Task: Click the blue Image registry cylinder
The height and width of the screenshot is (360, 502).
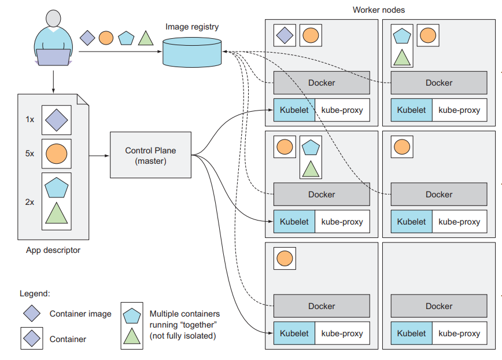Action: point(193,52)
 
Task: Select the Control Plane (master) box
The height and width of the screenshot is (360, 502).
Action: point(150,155)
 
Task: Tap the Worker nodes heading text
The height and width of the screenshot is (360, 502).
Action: point(378,10)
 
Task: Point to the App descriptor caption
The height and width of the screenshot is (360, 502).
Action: point(53,251)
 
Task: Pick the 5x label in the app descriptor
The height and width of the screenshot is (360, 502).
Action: point(29,154)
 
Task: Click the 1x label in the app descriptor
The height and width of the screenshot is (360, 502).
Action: point(29,120)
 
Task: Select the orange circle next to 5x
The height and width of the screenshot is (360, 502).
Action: point(57,154)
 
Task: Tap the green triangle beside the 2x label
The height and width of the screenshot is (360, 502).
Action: point(57,213)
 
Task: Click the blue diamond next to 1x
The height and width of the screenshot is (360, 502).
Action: point(57,120)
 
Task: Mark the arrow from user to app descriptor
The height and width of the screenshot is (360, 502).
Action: point(53,81)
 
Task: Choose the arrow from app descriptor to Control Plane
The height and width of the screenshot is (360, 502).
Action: point(98,155)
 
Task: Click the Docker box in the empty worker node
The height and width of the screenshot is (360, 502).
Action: point(439,306)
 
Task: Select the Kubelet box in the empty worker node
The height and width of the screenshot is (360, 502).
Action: point(411,333)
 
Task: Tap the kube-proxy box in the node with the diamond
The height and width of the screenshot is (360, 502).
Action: point(342,110)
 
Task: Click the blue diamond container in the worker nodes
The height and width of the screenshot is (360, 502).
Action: point(285,35)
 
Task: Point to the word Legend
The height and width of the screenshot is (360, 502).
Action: point(35,294)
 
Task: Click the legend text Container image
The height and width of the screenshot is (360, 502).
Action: point(80,314)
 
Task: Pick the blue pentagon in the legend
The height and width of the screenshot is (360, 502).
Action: point(132,315)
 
